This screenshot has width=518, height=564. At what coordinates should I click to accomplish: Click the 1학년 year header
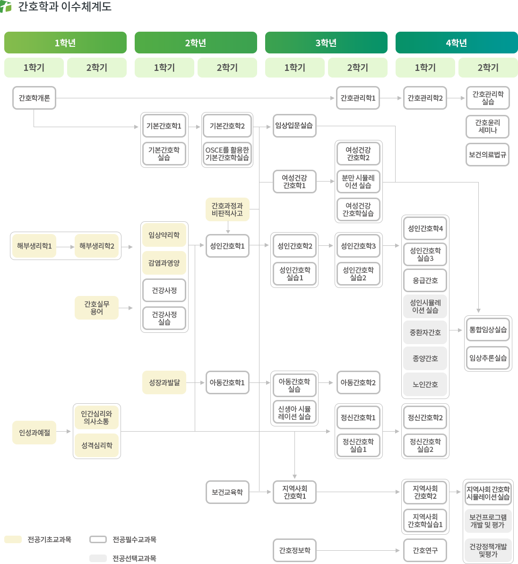pos(65,43)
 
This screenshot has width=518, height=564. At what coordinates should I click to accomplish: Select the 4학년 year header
pos(456,43)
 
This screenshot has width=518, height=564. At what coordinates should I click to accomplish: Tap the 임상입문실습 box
pos(294,126)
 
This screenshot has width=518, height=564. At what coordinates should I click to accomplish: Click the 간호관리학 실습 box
pos(488,98)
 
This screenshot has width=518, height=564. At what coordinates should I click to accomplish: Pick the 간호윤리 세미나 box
pos(488,126)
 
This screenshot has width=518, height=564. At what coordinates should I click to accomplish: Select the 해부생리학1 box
pos(35,246)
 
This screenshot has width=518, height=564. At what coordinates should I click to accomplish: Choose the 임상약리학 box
pos(164,235)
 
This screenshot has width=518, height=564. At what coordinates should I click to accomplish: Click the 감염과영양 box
pos(164,263)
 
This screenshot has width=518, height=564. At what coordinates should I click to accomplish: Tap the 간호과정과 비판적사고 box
pos(227,209)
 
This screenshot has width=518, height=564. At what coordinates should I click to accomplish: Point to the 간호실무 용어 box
pos(96,308)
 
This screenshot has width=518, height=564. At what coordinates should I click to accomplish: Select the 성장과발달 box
pos(164,382)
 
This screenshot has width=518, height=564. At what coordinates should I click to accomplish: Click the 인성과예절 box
pos(35,433)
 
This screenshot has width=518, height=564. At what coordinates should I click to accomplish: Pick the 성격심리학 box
pos(97,445)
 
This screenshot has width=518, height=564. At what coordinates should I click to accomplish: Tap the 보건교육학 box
pos(227,492)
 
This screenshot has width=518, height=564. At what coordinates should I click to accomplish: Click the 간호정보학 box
pos(294,550)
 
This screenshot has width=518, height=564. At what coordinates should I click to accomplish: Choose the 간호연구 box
pos(425,550)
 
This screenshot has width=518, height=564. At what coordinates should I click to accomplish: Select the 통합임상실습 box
pos(488,330)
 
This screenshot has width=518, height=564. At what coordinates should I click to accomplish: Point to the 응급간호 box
pos(425,280)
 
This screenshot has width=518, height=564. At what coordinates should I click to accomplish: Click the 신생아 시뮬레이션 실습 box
pos(294,413)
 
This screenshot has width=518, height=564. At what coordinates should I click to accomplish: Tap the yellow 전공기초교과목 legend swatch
pos(13,539)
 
